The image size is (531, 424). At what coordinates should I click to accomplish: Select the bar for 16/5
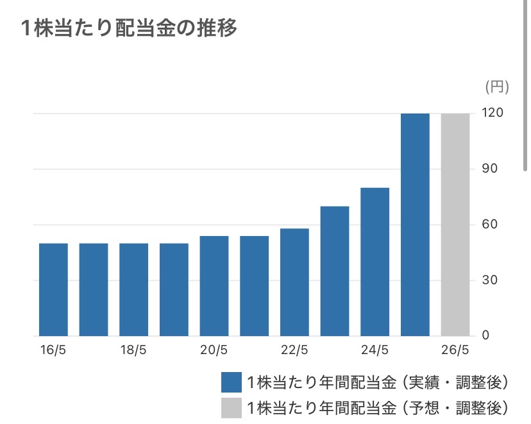(x=53, y=289)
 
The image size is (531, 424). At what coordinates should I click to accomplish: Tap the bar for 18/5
(x=133, y=289)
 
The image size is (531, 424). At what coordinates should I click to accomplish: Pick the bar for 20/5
(x=214, y=286)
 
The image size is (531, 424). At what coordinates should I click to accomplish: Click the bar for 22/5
(x=294, y=282)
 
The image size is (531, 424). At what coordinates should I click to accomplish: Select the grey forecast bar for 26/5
(x=455, y=225)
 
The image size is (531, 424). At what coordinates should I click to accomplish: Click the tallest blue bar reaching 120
(x=415, y=225)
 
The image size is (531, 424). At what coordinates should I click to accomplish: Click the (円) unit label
(x=496, y=85)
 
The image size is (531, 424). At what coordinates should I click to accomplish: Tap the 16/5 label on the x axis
(x=53, y=350)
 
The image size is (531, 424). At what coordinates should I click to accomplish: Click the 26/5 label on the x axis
(x=455, y=350)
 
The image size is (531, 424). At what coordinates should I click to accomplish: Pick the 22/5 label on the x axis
(x=294, y=350)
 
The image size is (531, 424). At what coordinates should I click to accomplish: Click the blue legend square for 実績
(x=232, y=382)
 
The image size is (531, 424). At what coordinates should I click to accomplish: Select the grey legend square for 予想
(x=232, y=407)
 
